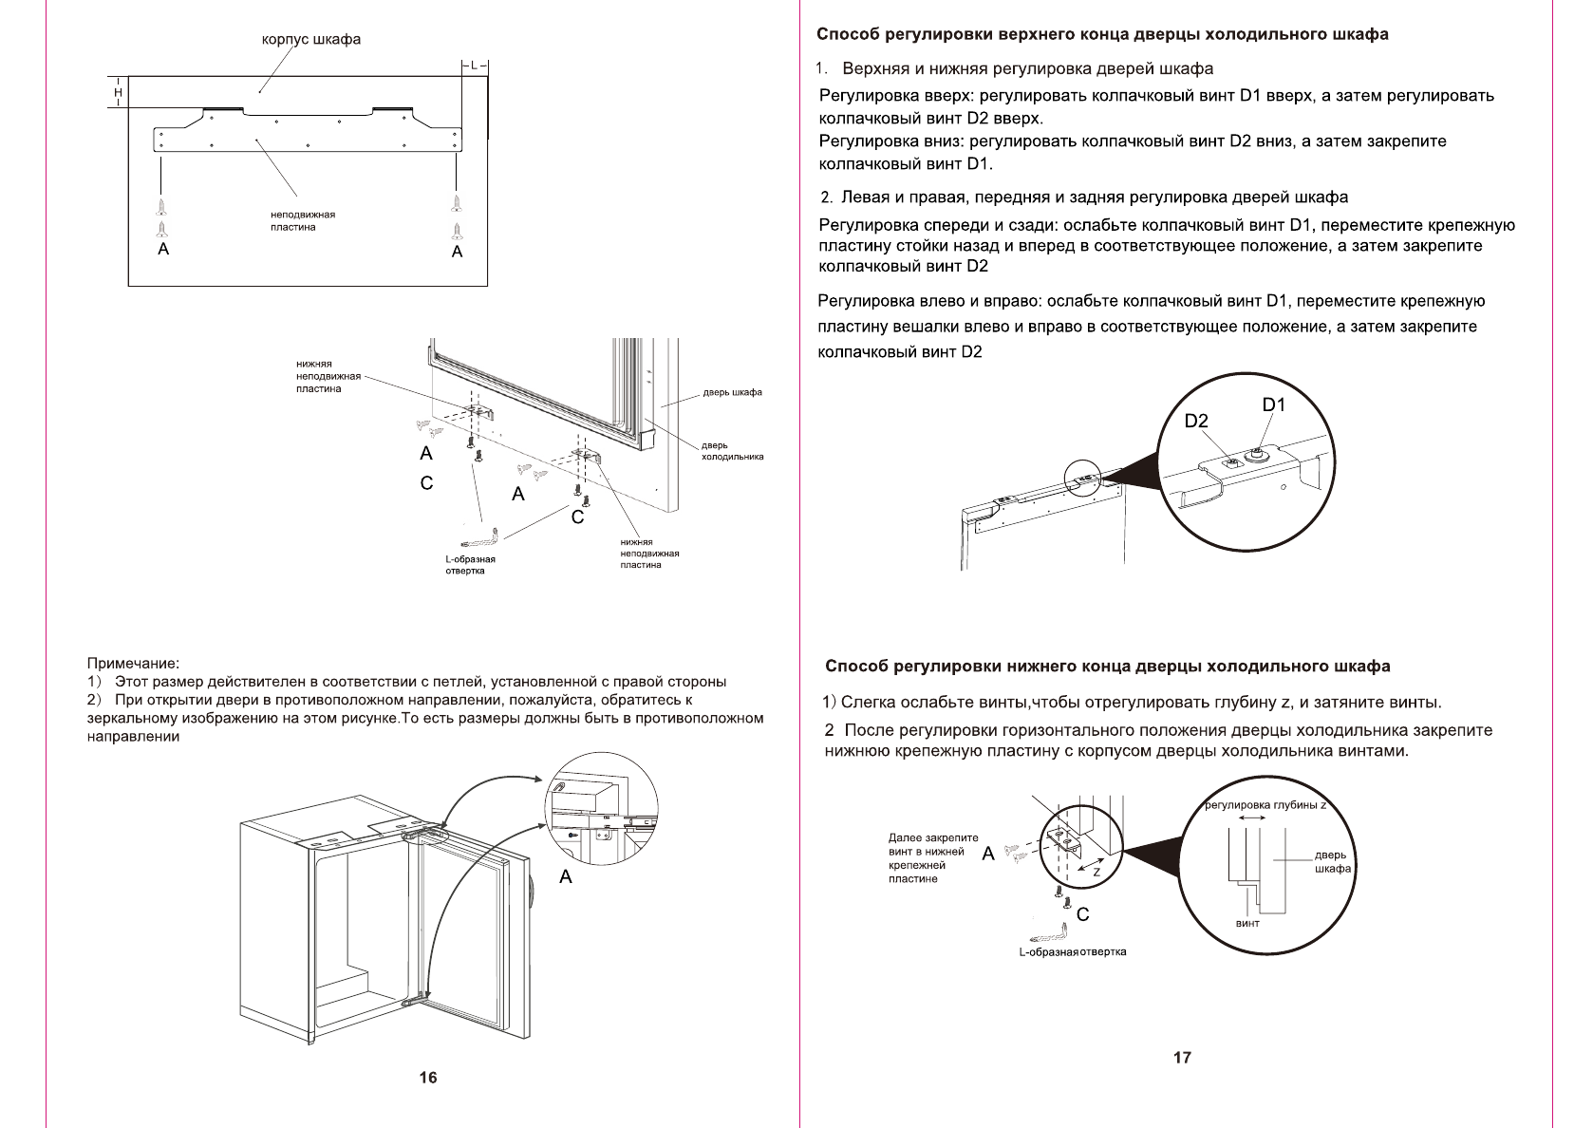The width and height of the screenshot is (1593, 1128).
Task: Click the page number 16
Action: (x=428, y=1077)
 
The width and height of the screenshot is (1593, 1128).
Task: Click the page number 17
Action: (x=1182, y=1057)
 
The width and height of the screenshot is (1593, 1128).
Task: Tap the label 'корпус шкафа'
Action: (x=311, y=40)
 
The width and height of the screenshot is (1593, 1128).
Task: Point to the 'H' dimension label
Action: (x=118, y=92)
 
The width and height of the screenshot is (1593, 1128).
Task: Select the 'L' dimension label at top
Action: (x=475, y=65)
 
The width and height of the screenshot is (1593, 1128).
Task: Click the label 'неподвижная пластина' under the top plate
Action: (x=296, y=220)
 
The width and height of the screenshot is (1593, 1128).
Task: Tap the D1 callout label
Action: (x=1273, y=404)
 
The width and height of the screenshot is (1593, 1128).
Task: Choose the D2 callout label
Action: (x=1196, y=421)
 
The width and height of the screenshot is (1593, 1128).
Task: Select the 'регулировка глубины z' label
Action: (x=1265, y=805)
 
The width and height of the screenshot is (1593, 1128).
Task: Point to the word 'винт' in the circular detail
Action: (x=1247, y=923)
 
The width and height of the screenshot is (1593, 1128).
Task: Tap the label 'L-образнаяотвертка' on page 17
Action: (x=1073, y=951)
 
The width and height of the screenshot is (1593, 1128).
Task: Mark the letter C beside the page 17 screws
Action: (x=1082, y=914)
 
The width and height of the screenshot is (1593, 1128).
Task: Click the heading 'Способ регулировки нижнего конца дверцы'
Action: (x=1108, y=667)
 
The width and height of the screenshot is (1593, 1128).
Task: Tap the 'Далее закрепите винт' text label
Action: (x=932, y=858)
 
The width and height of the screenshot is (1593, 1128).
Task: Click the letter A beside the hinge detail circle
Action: (x=566, y=876)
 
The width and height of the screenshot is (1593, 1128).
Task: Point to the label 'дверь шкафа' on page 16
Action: (x=732, y=392)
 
